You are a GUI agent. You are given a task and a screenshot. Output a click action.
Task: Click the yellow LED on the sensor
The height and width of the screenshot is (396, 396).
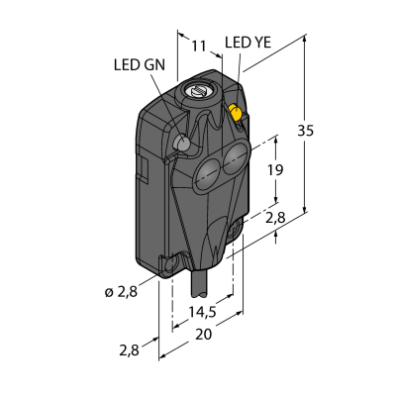click(237, 113)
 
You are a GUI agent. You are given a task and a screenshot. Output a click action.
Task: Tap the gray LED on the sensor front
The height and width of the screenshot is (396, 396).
click(181, 143)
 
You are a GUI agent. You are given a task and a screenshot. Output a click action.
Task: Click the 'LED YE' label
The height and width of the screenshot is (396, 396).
click(247, 43)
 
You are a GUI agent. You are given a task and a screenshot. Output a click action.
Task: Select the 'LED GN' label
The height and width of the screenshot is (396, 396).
click(140, 65)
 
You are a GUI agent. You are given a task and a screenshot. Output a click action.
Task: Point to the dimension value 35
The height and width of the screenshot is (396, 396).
click(306, 131)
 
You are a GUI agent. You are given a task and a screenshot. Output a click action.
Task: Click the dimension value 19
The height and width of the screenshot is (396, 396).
click(275, 170)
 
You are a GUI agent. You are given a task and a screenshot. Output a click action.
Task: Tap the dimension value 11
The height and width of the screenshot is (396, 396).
click(199, 47)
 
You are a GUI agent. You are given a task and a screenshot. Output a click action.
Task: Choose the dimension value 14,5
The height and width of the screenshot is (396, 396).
click(202, 312)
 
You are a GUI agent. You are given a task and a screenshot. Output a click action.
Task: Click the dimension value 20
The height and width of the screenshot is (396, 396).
click(203, 335)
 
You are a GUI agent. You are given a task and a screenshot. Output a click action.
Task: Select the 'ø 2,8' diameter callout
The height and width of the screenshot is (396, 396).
click(121, 292)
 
